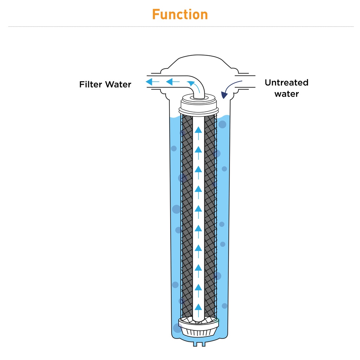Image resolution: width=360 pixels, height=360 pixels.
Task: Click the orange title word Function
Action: tap(180, 15)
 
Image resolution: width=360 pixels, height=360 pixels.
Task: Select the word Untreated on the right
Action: tap(286, 83)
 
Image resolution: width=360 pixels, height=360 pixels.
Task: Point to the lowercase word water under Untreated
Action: tap(286, 94)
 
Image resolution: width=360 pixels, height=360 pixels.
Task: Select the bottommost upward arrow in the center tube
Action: tap(198, 307)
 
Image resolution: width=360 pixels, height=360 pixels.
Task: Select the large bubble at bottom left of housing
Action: tap(178, 328)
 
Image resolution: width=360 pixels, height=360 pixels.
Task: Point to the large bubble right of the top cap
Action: tap(222, 124)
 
